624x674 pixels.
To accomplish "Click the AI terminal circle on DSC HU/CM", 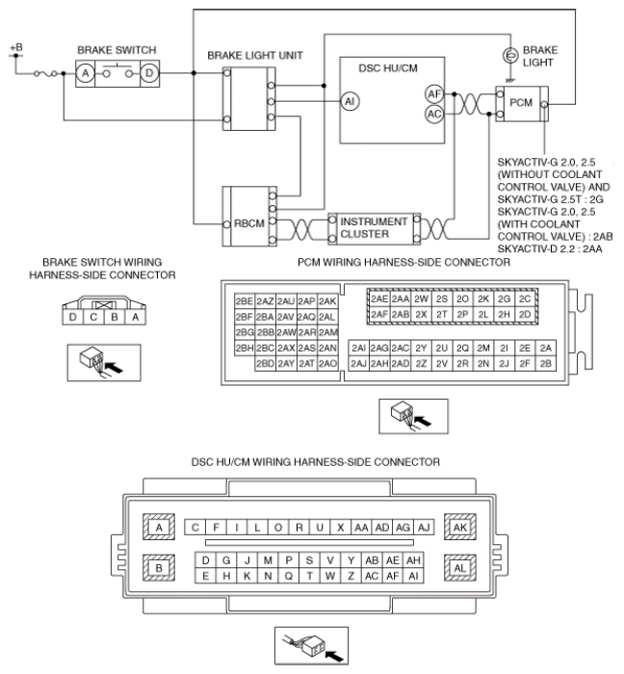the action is pyautogui.click(x=350, y=101).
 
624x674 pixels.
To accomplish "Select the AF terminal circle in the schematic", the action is pyautogui.click(x=434, y=93).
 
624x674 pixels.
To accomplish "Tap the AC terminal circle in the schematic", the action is pyautogui.click(x=434, y=114).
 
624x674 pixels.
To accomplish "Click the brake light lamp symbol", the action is pyautogui.click(x=510, y=56).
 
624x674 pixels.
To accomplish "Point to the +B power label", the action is pyautogui.click(x=16, y=47).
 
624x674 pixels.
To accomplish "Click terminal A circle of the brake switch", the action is pyautogui.click(x=86, y=73).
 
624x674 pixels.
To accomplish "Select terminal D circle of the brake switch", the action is pyautogui.click(x=149, y=73).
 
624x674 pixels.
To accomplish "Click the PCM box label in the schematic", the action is pyautogui.click(x=520, y=103).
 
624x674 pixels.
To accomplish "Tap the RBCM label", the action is pyautogui.click(x=248, y=223).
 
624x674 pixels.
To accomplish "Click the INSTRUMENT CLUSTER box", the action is pyautogui.click(x=374, y=228).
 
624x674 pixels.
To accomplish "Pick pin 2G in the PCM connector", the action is pyautogui.click(x=504, y=298).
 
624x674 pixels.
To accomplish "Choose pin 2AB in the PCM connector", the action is pyautogui.click(x=400, y=314).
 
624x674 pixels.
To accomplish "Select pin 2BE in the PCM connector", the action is pyautogui.click(x=244, y=301).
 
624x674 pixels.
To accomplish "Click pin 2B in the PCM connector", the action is pyautogui.click(x=545, y=364).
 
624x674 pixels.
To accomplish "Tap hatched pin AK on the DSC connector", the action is pyautogui.click(x=460, y=527).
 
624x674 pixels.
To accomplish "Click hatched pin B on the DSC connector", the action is pyautogui.click(x=159, y=568).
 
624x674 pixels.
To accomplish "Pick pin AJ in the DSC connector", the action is pyautogui.click(x=424, y=528).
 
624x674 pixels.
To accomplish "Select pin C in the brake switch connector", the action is pyautogui.click(x=93, y=317).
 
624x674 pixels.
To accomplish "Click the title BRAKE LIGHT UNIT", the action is pyautogui.click(x=255, y=56).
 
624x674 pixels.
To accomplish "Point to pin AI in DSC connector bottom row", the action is pyautogui.click(x=413, y=576).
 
